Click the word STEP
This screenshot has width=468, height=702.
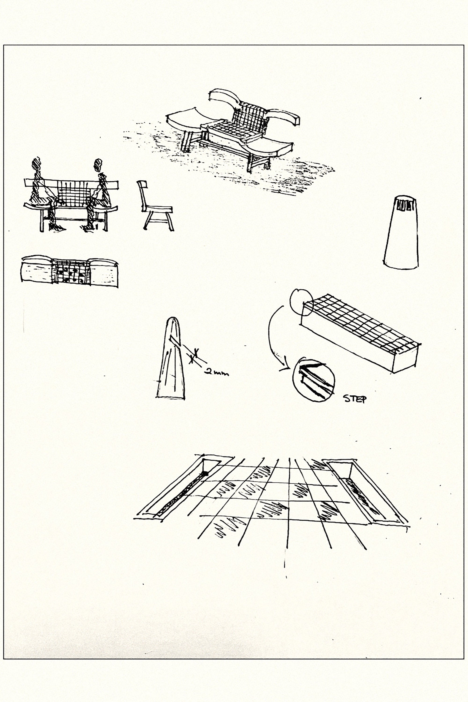355,399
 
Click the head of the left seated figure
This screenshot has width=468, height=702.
37,164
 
